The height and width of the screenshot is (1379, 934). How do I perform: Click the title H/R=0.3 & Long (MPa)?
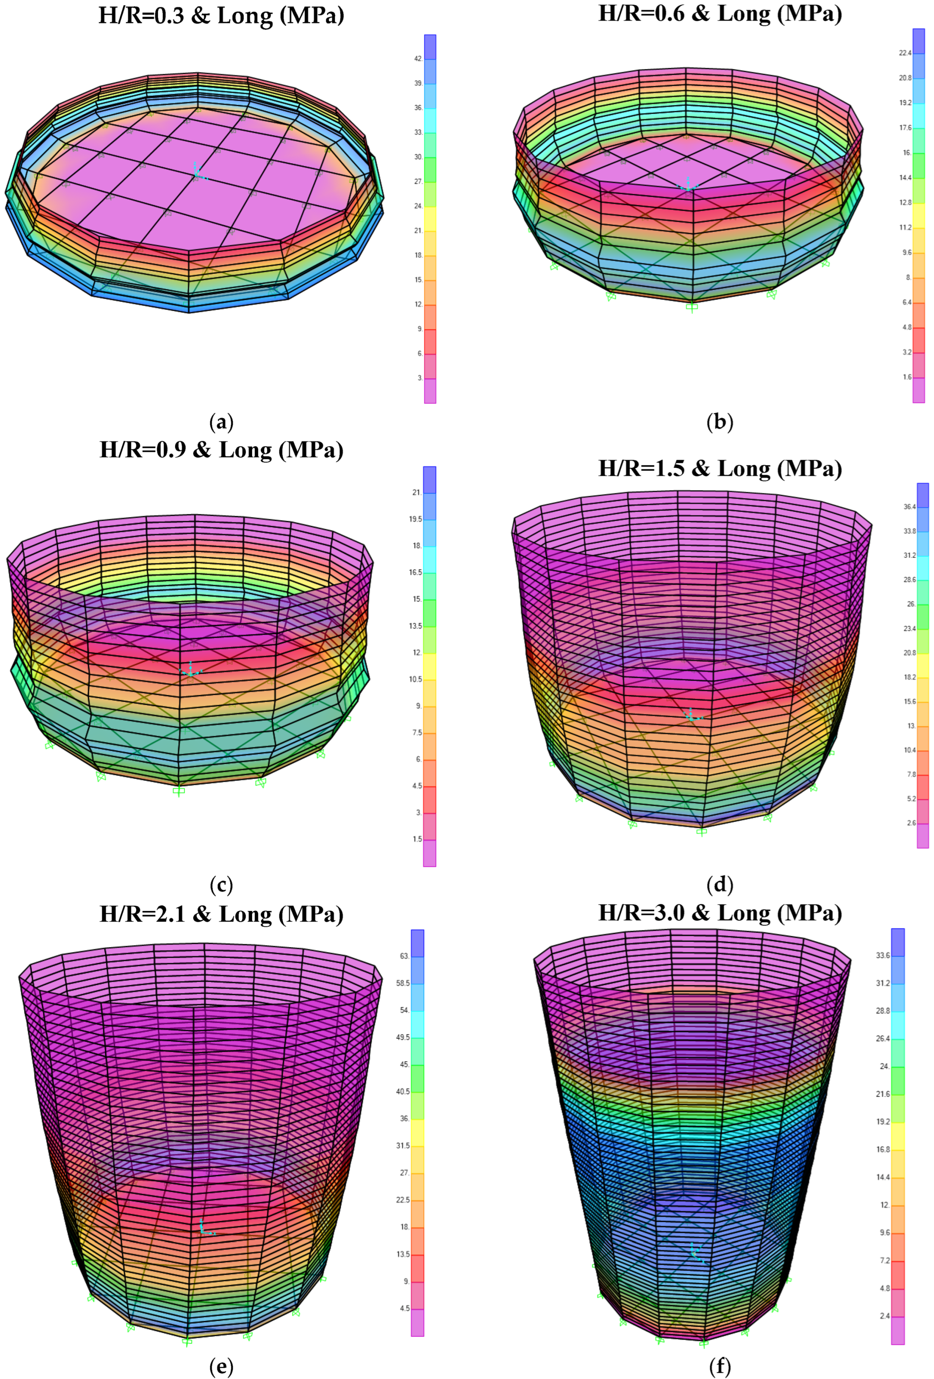221,15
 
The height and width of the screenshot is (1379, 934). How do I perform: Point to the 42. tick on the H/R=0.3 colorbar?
418,59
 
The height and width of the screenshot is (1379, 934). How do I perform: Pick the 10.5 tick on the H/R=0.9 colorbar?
415,679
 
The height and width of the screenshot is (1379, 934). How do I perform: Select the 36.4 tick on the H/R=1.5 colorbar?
910,507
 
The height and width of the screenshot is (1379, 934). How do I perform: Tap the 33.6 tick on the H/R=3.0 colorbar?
883,955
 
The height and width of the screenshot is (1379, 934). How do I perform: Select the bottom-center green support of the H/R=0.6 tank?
691,307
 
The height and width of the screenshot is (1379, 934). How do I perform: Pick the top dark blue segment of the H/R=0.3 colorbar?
430,46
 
